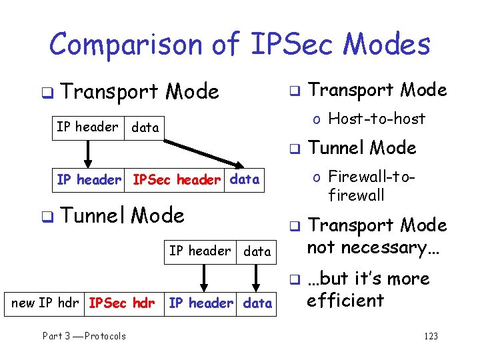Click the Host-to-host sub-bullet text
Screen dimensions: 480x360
pyautogui.click(x=377, y=119)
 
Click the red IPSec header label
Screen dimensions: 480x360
pyautogui.click(x=177, y=179)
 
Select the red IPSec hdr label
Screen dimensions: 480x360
pyautogui.click(x=122, y=303)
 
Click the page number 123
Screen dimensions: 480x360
pyautogui.click(x=431, y=336)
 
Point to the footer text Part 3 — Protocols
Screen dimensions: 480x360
pyautogui.click(x=84, y=336)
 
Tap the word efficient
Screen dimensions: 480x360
pyautogui.click(x=345, y=300)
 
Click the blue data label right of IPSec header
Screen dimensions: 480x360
pyautogui.click(x=244, y=179)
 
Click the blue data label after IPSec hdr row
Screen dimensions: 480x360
pyautogui.click(x=257, y=303)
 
